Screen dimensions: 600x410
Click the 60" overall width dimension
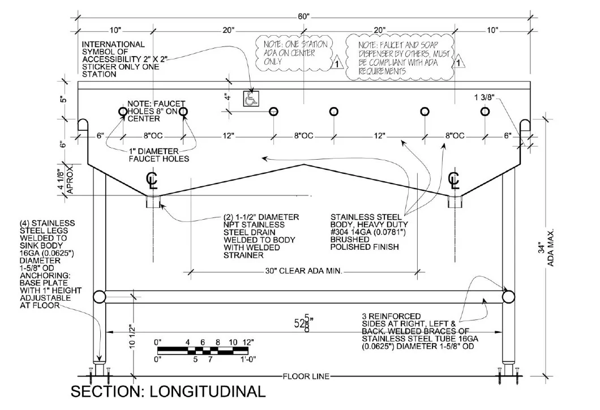click(x=303, y=16)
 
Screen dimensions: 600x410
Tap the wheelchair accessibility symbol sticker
click(x=251, y=99)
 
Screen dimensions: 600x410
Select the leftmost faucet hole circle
click(x=123, y=112)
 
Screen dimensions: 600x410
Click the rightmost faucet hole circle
click(x=485, y=112)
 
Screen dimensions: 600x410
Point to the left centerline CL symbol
click(x=152, y=181)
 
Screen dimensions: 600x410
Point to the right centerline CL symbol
click(x=454, y=181)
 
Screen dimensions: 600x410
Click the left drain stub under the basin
click(x=153, y=202)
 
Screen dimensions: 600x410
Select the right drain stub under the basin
click(x=455, y=202)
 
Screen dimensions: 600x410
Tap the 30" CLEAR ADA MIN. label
click(x=304, y=271)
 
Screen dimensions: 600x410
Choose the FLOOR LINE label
click(x=306, y=377)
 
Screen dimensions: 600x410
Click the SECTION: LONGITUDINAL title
click(x=168, y=392)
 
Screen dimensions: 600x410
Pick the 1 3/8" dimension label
click(x=485, y=97)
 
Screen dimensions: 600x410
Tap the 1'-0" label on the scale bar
click(x=248, y=359)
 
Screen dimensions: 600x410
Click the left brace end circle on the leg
click(x=100, y=297)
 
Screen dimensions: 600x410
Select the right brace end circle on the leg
click(x=508, y=297)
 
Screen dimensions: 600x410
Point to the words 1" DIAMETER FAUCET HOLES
click(x=159, y=155)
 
